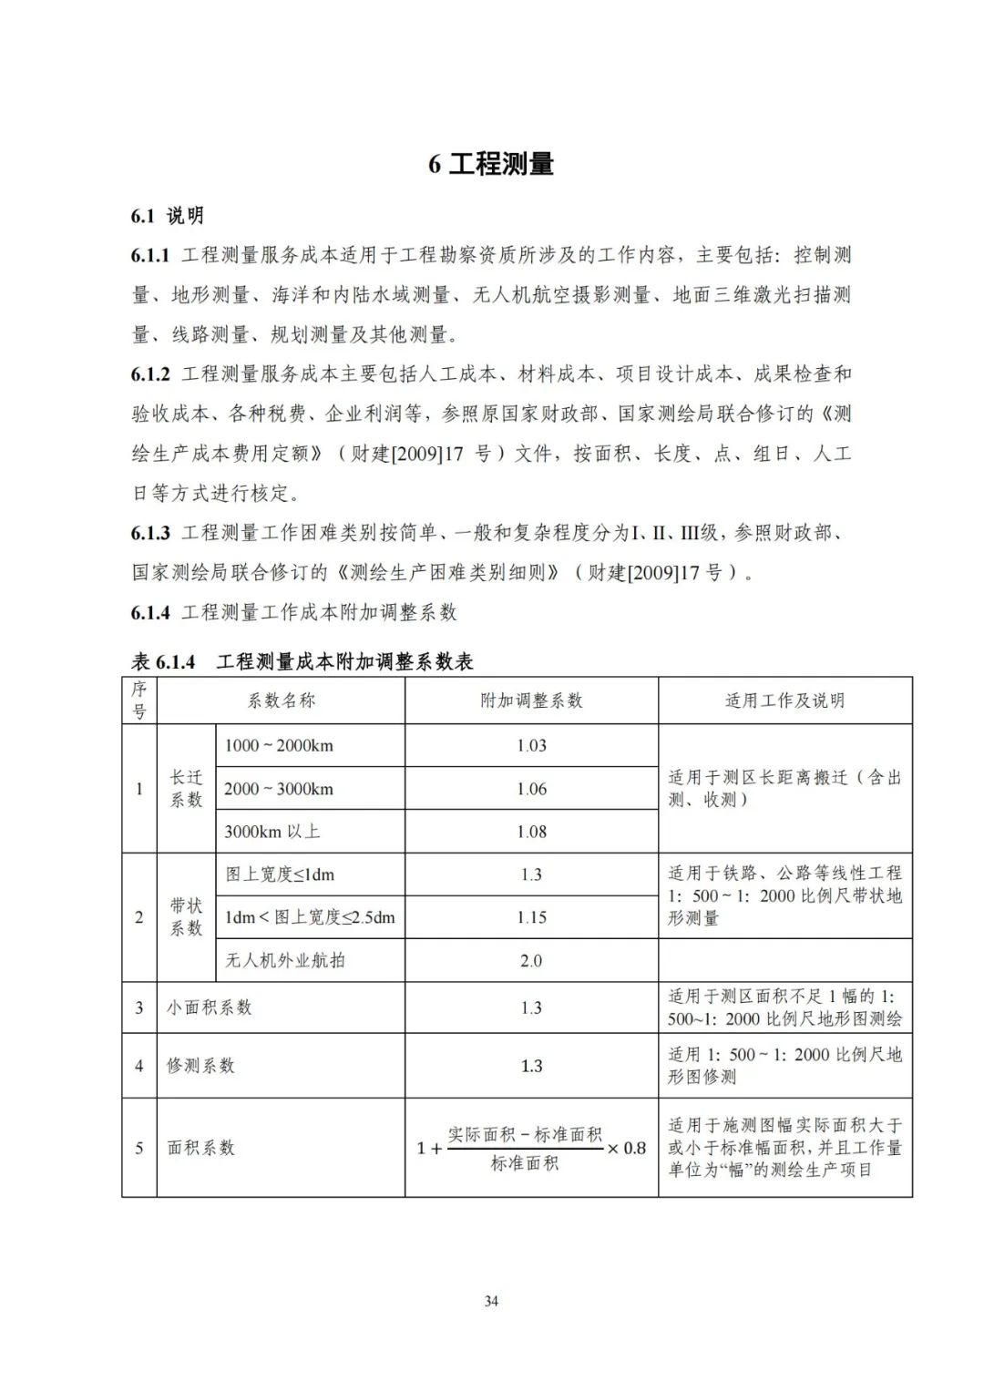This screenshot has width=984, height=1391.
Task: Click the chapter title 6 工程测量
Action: (x=491, y=164)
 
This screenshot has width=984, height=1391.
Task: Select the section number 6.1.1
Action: (x=150, y=255)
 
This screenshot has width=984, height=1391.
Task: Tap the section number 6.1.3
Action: (x=150, y=533)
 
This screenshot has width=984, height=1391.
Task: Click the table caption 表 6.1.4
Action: (x=164, y=662)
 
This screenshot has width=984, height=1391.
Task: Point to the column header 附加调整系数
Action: (x=531, y=701)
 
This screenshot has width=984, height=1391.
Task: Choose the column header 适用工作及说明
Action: (x=784, y=701)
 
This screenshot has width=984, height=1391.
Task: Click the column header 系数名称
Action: (x=281, y=701)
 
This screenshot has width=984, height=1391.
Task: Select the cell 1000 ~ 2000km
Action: (x=279, y=745)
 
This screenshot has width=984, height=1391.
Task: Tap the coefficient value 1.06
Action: (x=531, y=789)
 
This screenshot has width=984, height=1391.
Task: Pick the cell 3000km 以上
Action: (x=272, y=832)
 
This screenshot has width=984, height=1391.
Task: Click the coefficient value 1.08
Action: (x=531, y=832)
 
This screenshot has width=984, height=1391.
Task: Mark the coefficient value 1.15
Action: (x=531, y=917)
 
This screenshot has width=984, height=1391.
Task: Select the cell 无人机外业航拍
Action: (x=285, y=960)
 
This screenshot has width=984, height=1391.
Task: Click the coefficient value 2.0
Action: (x=531, y=960)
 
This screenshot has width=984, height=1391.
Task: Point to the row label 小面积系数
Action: (x=209, y=1007)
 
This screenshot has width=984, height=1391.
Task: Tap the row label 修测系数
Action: (x=200, y=1066)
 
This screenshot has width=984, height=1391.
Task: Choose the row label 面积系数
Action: (x=200, y=1148)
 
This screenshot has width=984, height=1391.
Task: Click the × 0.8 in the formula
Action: (x=627, y=1148)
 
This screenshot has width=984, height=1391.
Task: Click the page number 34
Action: (x=491, y=1302)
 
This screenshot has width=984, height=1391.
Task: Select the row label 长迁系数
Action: (x=186, y=788)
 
